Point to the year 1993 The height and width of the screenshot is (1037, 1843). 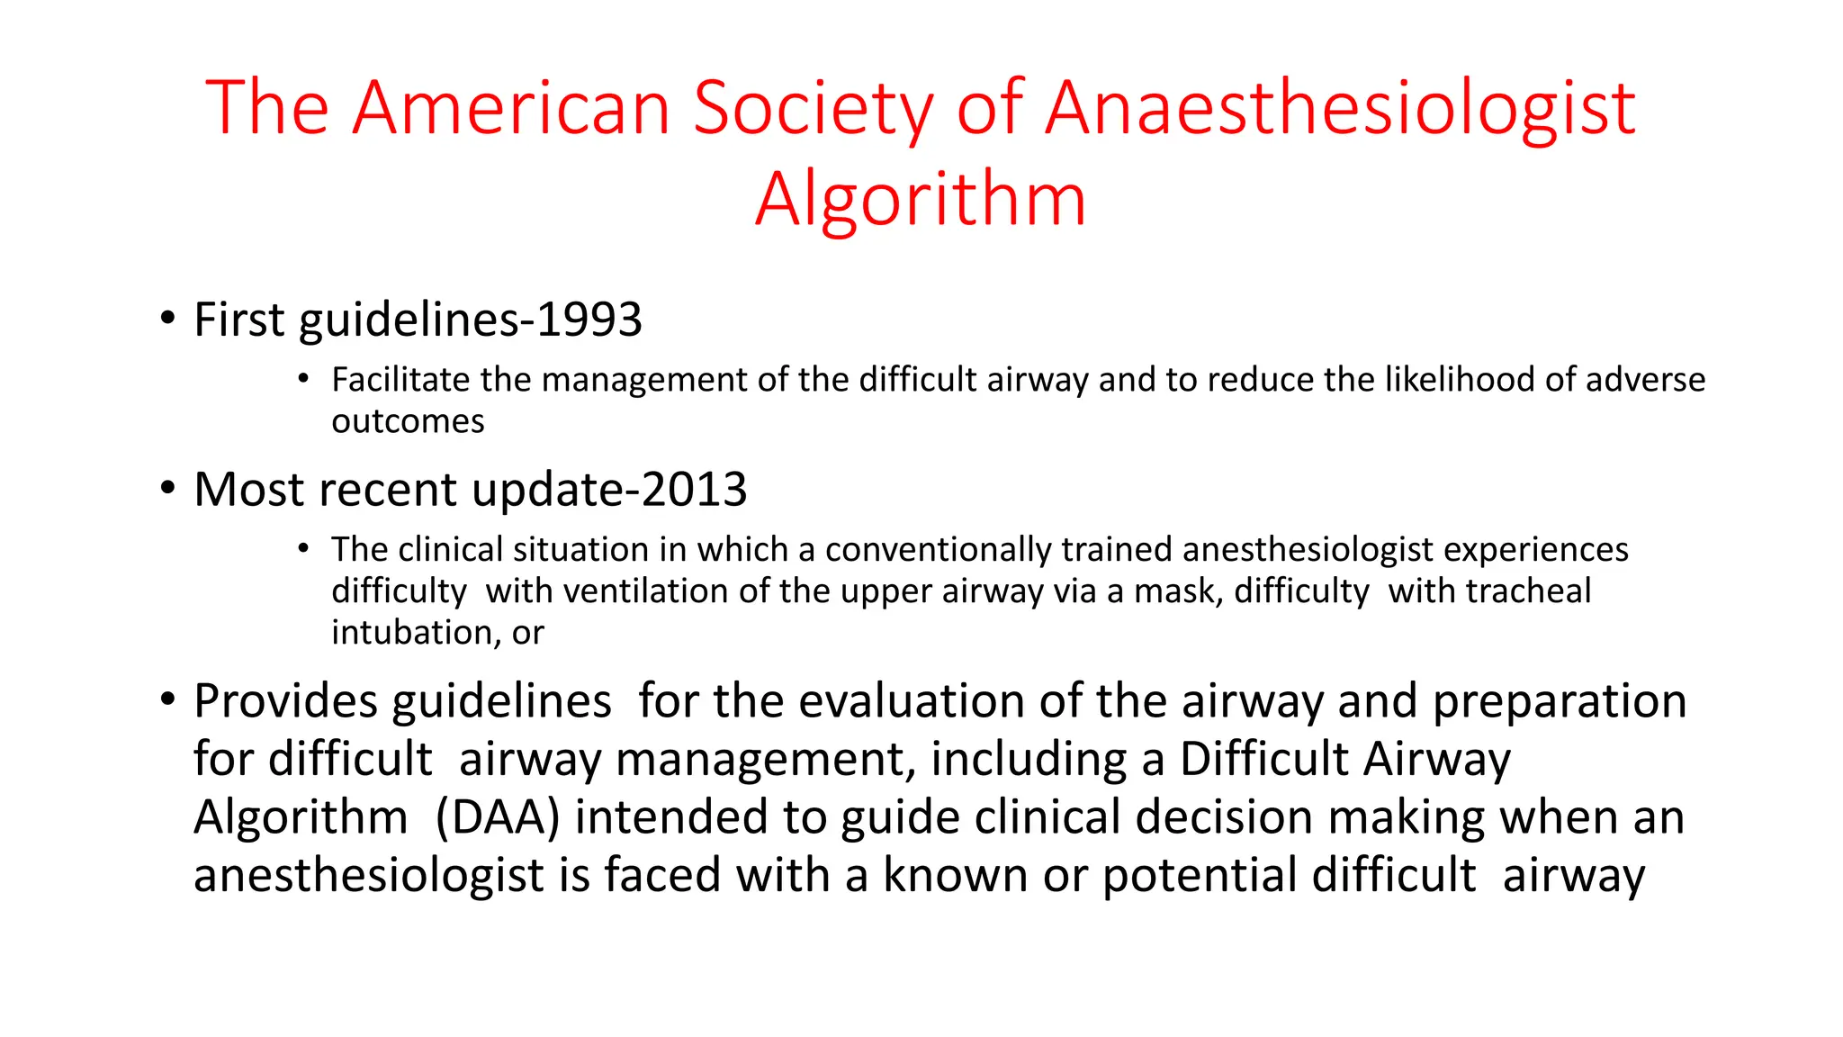pos(589,320)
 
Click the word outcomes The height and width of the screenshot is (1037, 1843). pos(408,421)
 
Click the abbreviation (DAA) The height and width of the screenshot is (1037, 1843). pos(498,817)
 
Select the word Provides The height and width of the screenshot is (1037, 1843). pos(285,701)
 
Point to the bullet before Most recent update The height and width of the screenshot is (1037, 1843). pos(167,488)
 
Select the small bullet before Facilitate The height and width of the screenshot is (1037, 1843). pos(304,378)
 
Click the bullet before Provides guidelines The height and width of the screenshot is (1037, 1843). pos(167,699)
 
